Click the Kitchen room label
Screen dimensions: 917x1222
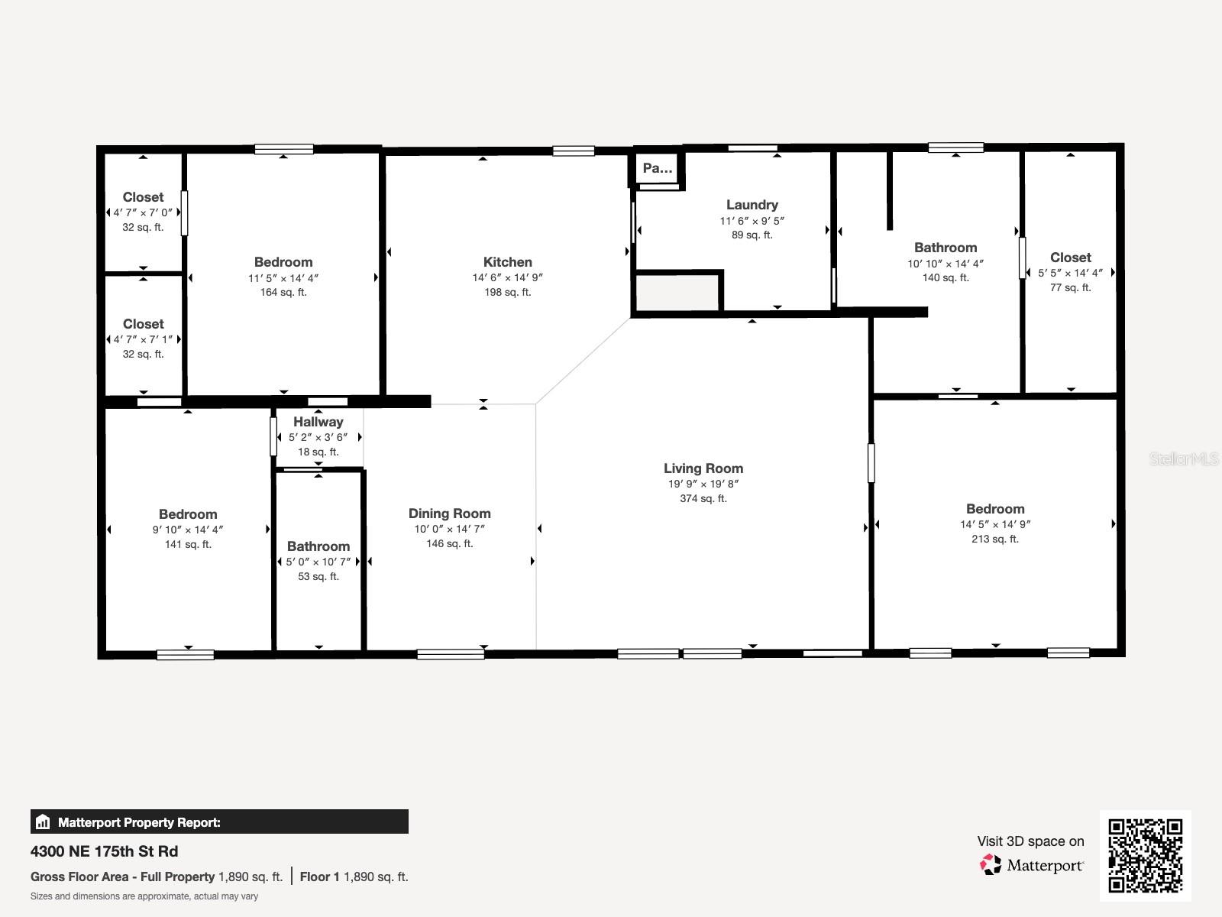pyautogui.click(x=507, y=262)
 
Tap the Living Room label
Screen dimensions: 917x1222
pyautogui.click(x=703, y=468)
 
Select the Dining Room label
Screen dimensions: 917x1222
pyautogui.click(x=449, y=514)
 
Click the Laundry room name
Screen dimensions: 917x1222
pyautogui.click(x=752, y=205)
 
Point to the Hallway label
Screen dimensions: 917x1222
pyautogui.click(x=318, y=422)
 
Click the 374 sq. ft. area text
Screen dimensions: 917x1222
pyautogui.click(x=703, y=498)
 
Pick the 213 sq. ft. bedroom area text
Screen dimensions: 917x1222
pyautogui.click(x=994, y=539)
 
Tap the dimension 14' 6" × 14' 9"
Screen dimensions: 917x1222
pyautogui.click(x=507, y=277)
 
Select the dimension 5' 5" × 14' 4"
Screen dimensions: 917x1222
pyautogui.click(x=1070, y=273)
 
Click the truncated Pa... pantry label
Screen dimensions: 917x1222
pyautogui.click(x=657, y=168)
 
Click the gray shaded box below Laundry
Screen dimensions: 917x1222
pyautogui.click(x=677, y=293)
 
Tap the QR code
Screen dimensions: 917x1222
pyautogui.click(x=1145, y=856)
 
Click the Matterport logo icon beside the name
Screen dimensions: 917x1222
pyautogui.click(x=991, y=864)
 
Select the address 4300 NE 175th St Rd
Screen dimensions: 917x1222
pyautogui.click(x=104, y=851)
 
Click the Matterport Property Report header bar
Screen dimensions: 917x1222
pyautogui.click(x=219, y=822)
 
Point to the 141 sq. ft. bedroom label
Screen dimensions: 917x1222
pyautogui.click(x=188, y=514)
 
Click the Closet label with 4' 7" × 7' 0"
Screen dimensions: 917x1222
pyautogui.click(x=143, y=197)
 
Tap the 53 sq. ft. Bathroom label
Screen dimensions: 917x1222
pyautogui.click(x=318, y=546)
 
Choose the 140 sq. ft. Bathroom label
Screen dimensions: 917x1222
pyautogui.click(x=945, y=248)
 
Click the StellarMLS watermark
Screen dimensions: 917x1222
pyautogui.click(x=1184, y=459)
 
